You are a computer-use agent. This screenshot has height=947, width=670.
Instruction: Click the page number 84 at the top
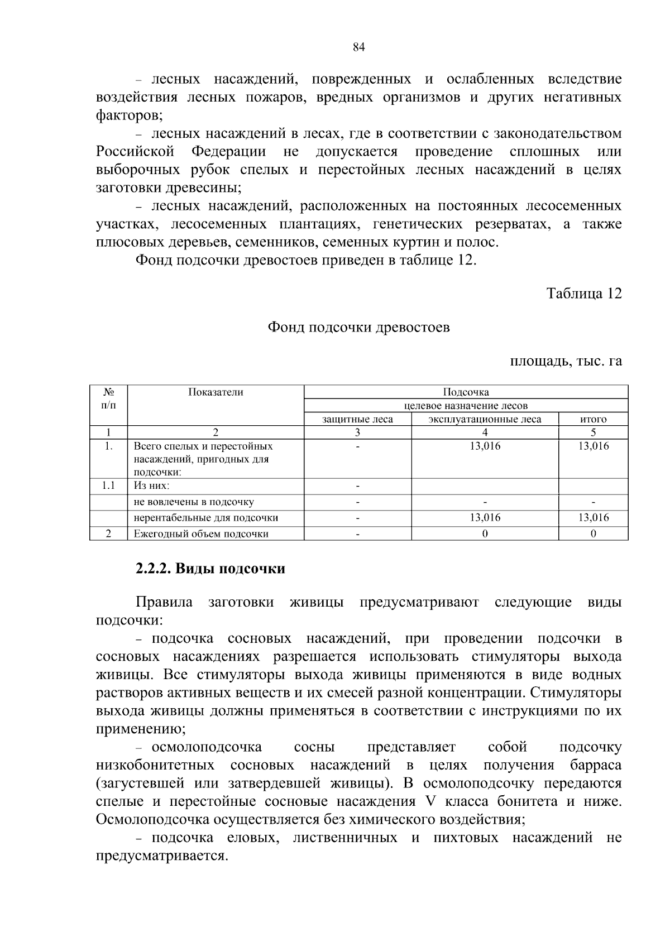click(358, 47)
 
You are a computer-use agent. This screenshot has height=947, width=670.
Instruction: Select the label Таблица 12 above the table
click(583, 294)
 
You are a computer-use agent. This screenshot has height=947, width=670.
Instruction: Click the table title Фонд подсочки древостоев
click(358, 328)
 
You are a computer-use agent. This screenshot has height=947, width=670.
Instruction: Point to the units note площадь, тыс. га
click(566, 361)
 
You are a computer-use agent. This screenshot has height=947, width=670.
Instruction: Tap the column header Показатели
click(216, 392)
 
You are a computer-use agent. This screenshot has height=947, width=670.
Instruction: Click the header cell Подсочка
click(466, 392)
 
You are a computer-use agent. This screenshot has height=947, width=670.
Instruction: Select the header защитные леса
click(357, 419)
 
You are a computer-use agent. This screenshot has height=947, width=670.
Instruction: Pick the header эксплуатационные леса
click(485, 419)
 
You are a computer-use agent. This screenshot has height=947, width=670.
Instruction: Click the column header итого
click(593, 419)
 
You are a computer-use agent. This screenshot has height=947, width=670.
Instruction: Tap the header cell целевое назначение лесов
click(466, 406)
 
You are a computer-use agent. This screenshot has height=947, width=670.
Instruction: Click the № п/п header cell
click(109, 398)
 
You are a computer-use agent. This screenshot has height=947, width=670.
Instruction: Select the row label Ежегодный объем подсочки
click(201, 534)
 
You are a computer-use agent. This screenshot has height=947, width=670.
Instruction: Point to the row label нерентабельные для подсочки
click(206, 518)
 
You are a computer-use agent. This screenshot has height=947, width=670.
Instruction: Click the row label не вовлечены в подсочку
click(194, 502)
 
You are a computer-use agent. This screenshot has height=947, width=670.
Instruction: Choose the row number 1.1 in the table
click(109, 485)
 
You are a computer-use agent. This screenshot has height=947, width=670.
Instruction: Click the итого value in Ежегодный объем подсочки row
click(593, 534)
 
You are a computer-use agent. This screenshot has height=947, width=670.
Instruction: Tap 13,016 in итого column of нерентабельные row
click(593, 518)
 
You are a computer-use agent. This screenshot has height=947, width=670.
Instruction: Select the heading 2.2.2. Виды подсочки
click(210, 569)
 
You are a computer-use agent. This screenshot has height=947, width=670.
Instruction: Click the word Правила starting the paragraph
click(164, 603)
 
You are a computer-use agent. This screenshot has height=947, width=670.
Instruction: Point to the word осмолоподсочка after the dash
click(207, 747)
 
